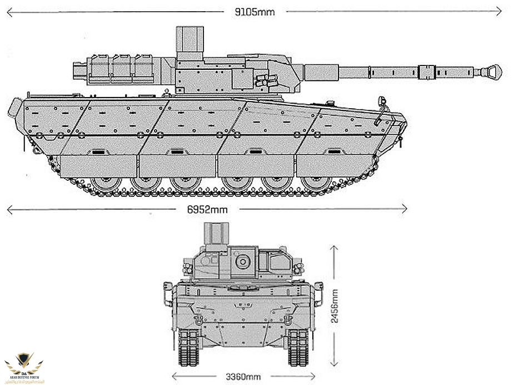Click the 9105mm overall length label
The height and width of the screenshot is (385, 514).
pos(254,11)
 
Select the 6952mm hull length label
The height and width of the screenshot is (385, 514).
pos(207,209)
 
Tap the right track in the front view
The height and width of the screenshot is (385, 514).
pos(297,347)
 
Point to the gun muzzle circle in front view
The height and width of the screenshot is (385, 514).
pos(242,261)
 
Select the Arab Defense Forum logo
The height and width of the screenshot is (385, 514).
pos(26,366)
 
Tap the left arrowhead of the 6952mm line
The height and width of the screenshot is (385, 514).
pos(9,209)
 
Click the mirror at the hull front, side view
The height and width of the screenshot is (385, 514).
pos(381,102)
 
